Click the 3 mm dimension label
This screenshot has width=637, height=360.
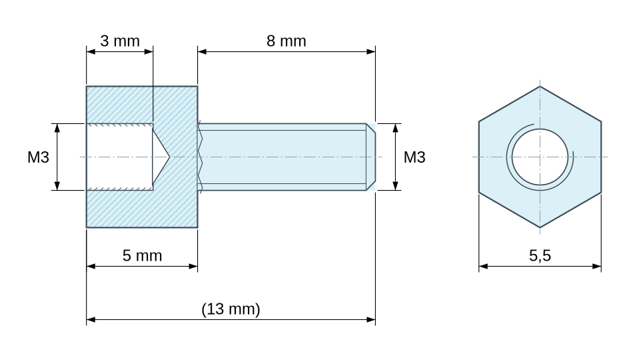tap(120, 41)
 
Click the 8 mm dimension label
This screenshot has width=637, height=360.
tap(287, 41)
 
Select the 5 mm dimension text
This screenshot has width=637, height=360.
tap(142, 255)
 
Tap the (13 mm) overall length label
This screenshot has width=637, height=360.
tap(231, 309)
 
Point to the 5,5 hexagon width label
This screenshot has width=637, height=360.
tap(540, 255)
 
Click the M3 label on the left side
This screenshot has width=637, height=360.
tap(38, 157)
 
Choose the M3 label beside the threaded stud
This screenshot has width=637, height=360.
tap(414, 157)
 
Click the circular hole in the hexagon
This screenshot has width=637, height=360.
tap(540, 157)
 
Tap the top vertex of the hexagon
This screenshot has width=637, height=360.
tap(540, 86)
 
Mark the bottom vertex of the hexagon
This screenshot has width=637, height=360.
tap(540, 227)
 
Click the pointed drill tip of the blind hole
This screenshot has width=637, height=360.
tap(169, 157)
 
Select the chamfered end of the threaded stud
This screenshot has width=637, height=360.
tap(371, 157)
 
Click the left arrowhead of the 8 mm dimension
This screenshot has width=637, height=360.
tap(202, 51)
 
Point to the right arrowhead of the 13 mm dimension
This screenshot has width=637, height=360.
tap(371, 319)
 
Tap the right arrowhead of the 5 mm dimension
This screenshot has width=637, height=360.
tap(193, 266)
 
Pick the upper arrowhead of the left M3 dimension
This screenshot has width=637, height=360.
tap(57, 128)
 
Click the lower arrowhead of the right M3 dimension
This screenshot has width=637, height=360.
tap(396, 186)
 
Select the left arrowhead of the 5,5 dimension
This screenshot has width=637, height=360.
tap(484, 266)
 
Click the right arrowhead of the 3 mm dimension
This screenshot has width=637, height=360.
tap(149, 51)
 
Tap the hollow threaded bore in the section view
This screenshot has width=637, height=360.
tap(120, 157)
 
